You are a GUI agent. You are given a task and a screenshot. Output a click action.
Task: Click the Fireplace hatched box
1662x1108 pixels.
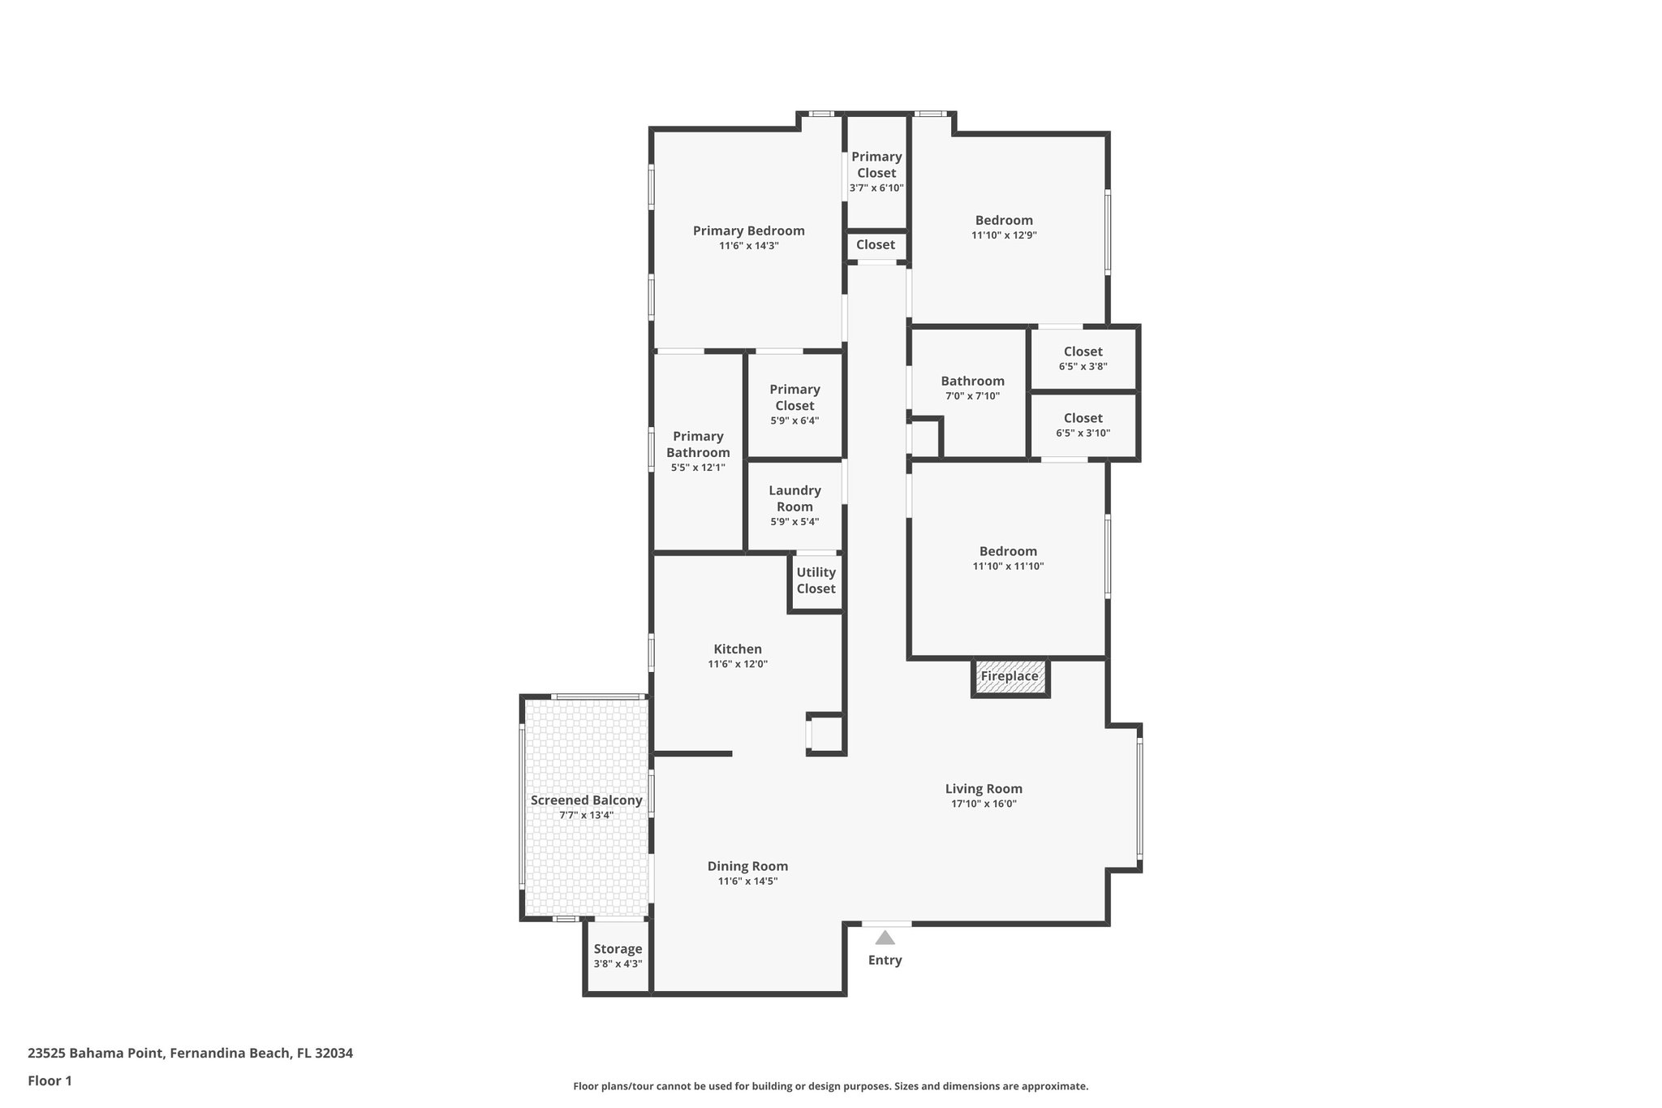[1010, 678]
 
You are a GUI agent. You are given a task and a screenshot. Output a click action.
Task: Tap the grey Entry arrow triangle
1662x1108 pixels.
[885, 938]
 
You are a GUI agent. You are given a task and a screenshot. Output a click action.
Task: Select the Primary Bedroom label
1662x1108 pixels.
[748, 231]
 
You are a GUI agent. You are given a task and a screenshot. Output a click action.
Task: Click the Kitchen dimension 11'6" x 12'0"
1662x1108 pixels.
[737, 664]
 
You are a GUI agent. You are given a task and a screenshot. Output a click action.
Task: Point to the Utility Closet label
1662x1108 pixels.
[816, 580]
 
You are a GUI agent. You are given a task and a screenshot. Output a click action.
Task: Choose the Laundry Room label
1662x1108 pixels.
[794, 498]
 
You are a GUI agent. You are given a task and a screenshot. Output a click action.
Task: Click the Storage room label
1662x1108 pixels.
[618, 949]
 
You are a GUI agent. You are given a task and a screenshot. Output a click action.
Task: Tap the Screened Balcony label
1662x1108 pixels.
[586, 800]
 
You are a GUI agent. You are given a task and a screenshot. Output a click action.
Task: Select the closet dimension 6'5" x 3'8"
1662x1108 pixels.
[1083, 366]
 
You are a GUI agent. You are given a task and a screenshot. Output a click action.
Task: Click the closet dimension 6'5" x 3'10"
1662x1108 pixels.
[1083, 433]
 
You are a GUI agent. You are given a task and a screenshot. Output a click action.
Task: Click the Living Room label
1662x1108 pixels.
[984, 789]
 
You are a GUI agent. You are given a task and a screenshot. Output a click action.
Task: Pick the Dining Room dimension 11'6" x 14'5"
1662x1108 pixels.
[747, 881]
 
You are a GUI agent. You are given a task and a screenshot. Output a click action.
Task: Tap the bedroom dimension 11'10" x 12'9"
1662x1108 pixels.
[1004, 235]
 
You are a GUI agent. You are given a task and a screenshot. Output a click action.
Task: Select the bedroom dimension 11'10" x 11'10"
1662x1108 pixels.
[1008, 567]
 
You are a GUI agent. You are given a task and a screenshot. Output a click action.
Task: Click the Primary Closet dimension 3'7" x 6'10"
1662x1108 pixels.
[876, 188]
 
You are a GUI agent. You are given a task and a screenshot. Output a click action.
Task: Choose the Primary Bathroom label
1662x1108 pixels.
[698, 445]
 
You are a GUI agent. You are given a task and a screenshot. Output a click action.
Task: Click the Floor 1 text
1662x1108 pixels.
[50, 1081]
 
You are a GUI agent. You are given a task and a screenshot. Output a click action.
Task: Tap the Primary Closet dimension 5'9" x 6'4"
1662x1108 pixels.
[794, 420]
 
